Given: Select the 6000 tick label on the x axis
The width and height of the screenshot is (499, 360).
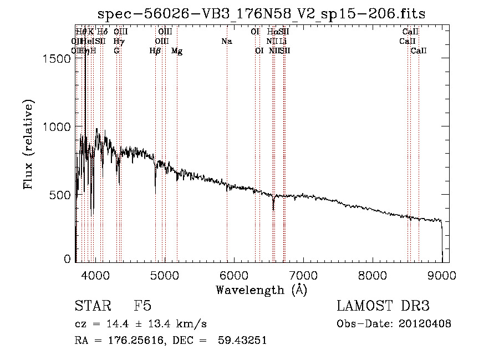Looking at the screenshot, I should (x=233, y=273).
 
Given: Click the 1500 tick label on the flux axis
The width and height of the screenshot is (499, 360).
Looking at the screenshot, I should (x=57, y=59).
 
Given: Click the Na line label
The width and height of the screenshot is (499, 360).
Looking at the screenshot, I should (x=226, y=41).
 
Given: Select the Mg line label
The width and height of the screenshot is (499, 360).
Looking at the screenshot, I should (x=177, y=51).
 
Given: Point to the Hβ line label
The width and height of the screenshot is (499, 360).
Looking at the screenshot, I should (x=155, y=51).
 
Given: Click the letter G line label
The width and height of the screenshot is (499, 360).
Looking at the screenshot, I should (x=116, y=51).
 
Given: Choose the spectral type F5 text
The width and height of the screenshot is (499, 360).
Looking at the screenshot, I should (x=142, y=307).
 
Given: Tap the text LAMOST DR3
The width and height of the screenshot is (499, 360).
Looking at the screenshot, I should (x=383, y=307).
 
